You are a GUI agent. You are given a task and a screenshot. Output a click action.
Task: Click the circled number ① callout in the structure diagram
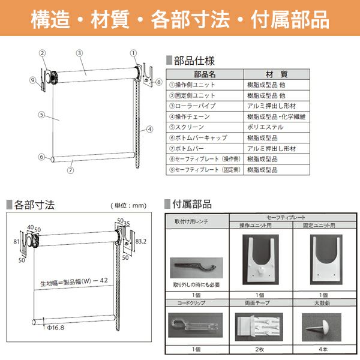133,53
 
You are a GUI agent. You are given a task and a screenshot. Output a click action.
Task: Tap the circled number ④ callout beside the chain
149,129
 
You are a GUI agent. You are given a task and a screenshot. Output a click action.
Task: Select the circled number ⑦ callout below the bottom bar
70,170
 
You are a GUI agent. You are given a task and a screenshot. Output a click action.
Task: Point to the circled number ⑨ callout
33,80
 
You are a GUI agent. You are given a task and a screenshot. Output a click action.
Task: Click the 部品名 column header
205,74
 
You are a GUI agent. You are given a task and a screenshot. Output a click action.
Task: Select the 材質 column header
277,74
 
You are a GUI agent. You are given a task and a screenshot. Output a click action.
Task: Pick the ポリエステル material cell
265,127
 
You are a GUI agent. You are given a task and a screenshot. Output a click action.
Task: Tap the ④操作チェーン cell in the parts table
190,116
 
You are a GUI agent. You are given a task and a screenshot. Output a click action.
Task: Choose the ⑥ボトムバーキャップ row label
199,138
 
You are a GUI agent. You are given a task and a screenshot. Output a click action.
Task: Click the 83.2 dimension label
140,241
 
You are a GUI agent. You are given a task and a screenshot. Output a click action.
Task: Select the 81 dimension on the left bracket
16,242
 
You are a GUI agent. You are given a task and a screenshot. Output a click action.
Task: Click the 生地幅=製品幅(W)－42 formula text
74,282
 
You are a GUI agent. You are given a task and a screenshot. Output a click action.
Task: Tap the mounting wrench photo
197,268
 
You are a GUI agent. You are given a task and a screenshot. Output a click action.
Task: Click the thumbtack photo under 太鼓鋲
322,327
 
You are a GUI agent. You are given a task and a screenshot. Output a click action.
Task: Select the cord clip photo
196,325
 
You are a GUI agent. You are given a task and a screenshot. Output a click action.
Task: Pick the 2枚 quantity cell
260,349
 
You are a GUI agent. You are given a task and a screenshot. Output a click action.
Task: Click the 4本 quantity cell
323,349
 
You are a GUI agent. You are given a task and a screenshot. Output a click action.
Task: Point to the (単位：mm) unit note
128,205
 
